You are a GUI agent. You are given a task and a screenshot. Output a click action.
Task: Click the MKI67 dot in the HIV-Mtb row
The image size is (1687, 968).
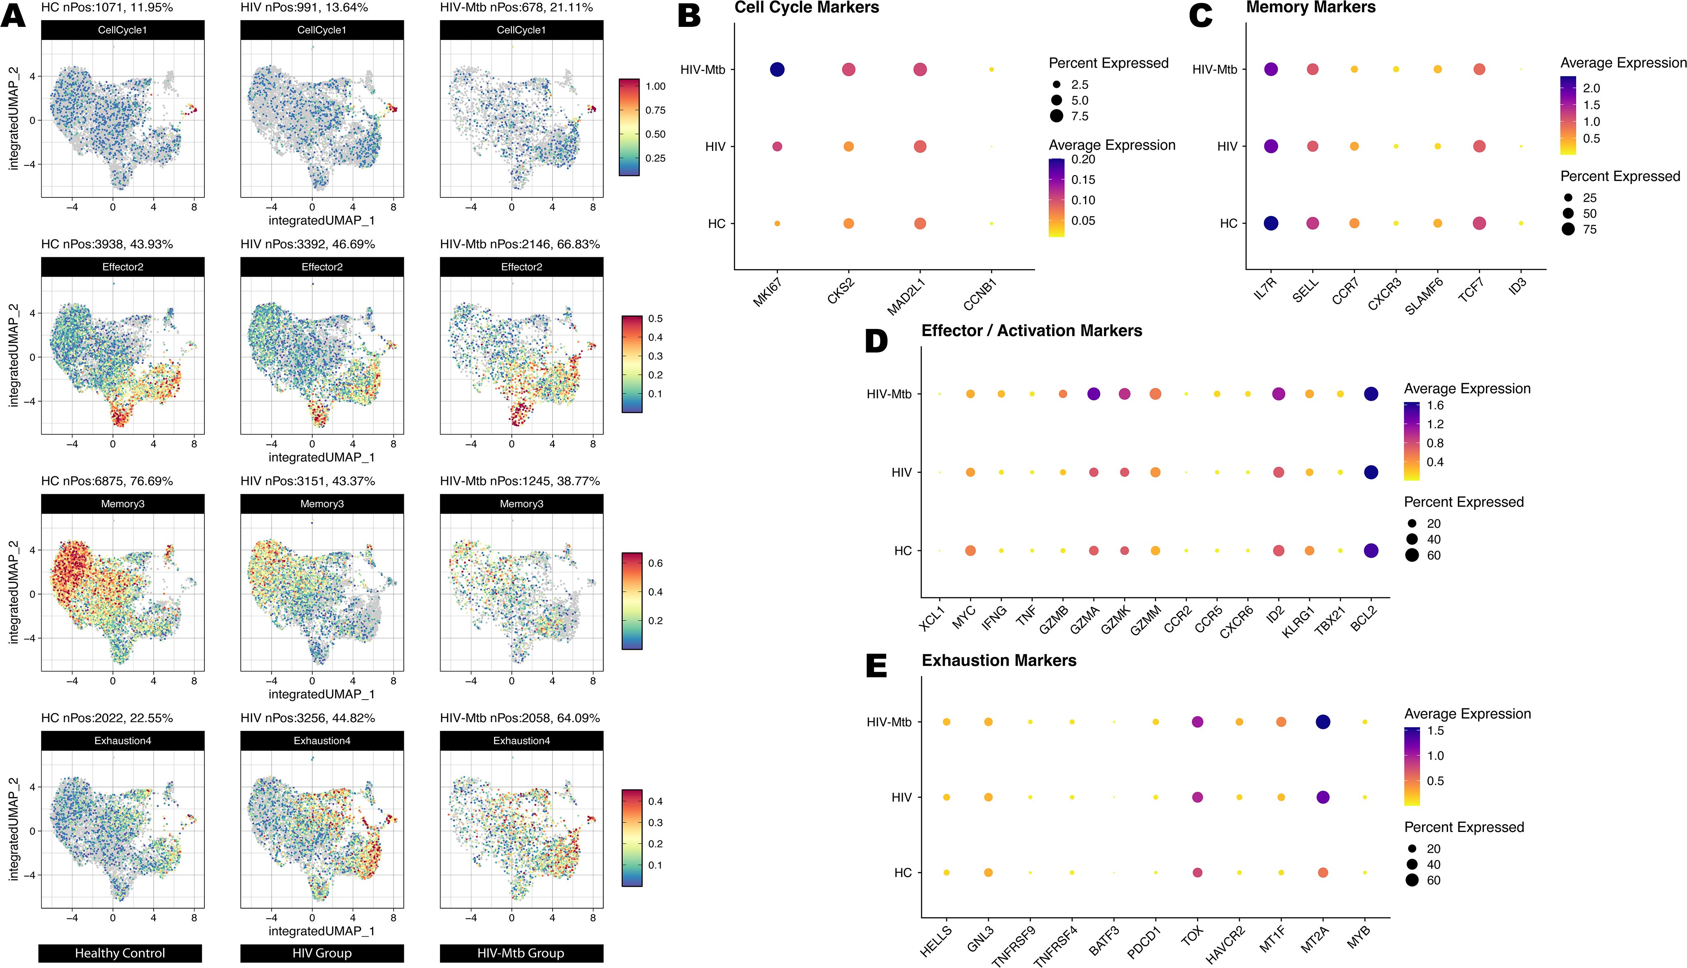[777, 69]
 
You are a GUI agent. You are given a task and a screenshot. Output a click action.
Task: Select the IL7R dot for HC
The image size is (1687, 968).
[1270, 223]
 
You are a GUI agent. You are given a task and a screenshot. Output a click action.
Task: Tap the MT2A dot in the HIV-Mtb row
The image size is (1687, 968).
[1322, 722]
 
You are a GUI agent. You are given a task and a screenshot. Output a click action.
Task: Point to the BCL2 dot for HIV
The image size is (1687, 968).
[1370, 472]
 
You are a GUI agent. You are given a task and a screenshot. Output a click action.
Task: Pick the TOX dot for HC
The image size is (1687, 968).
[1197, 873]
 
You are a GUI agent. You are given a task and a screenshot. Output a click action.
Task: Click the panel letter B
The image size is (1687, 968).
[689, 14]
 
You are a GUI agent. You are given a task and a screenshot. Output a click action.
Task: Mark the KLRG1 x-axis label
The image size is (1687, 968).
[1298, 623]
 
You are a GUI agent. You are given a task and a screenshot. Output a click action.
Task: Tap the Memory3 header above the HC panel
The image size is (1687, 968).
[122, 504]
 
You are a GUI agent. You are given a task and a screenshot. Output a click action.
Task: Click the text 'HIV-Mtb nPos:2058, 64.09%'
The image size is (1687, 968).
[520, 718]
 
